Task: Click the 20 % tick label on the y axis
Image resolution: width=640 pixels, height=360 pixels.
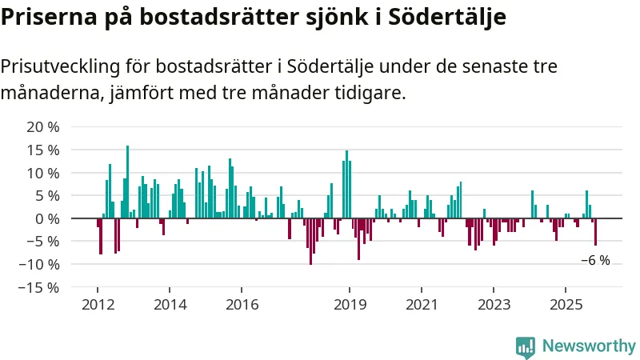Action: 43,127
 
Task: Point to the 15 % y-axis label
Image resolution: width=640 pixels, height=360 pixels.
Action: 43,150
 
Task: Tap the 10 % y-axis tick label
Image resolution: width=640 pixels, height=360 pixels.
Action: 43,173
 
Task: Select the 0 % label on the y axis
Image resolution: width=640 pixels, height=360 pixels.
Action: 47,218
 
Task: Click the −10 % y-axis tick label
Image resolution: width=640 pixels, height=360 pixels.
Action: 40,264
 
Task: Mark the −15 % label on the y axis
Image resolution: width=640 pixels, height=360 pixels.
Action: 40,287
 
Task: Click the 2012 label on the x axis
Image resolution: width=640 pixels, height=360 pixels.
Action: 98,304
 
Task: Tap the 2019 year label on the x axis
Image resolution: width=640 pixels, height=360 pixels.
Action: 350,304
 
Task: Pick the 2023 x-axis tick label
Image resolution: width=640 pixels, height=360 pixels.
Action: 494,304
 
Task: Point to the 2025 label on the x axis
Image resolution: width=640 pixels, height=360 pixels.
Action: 566,304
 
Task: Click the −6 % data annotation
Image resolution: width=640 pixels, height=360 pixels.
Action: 595,260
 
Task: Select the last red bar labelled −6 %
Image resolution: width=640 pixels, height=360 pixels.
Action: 595,232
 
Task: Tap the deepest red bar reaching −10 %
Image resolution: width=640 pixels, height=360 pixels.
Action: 310,241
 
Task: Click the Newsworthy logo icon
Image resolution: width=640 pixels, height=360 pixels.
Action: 526,346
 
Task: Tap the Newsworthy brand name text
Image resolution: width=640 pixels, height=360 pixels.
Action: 590,346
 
